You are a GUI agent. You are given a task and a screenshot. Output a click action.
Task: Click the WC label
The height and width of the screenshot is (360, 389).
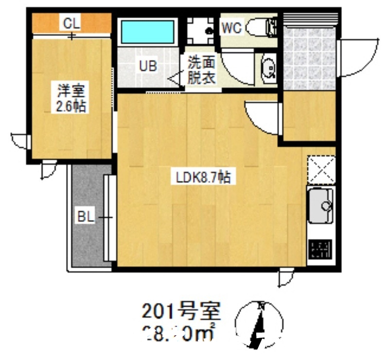click(231, 28)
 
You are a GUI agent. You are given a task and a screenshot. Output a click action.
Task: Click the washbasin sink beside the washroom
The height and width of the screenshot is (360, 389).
click(268, 70)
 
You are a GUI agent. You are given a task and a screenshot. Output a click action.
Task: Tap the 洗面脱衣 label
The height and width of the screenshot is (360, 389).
click(201, 70)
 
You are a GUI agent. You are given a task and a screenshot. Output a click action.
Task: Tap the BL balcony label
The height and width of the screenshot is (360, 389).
click(86, 217)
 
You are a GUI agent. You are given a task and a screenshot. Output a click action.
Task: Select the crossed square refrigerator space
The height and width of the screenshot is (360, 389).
click(320, 170)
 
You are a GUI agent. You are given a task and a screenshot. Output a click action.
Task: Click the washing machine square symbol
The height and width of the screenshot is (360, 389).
click(200, 32)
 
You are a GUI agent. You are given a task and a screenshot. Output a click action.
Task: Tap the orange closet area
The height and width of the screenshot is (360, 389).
click(49, 22)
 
